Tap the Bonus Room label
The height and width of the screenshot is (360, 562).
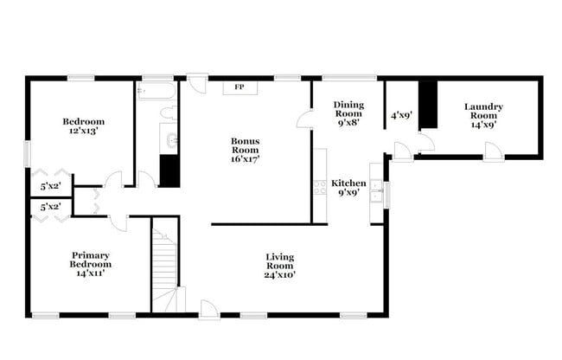click(x=245, y=145)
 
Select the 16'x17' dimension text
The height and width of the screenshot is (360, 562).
click(x=245, y=158)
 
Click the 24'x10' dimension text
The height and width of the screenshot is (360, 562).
click(x=280, y=274)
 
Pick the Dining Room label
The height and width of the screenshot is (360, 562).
click(x=348, y=108)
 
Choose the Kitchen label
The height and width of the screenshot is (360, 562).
click(x=349, y=183)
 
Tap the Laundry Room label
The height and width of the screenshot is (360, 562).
click(x=483, y=111)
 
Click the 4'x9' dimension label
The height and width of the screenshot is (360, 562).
click(x=400, y=113)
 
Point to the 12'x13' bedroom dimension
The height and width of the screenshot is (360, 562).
click(x=84, y=132)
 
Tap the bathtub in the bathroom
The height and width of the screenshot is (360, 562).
click(x=156, y=91)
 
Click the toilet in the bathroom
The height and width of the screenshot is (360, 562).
click(x=169, y=112)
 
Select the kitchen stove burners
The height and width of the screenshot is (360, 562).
click(x=320, y=186)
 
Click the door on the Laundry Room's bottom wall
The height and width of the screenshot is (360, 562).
click(x=493, y=151)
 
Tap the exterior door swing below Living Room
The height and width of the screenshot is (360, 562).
click(x=208, y=308)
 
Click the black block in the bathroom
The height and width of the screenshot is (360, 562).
click(x=169, y=170)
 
